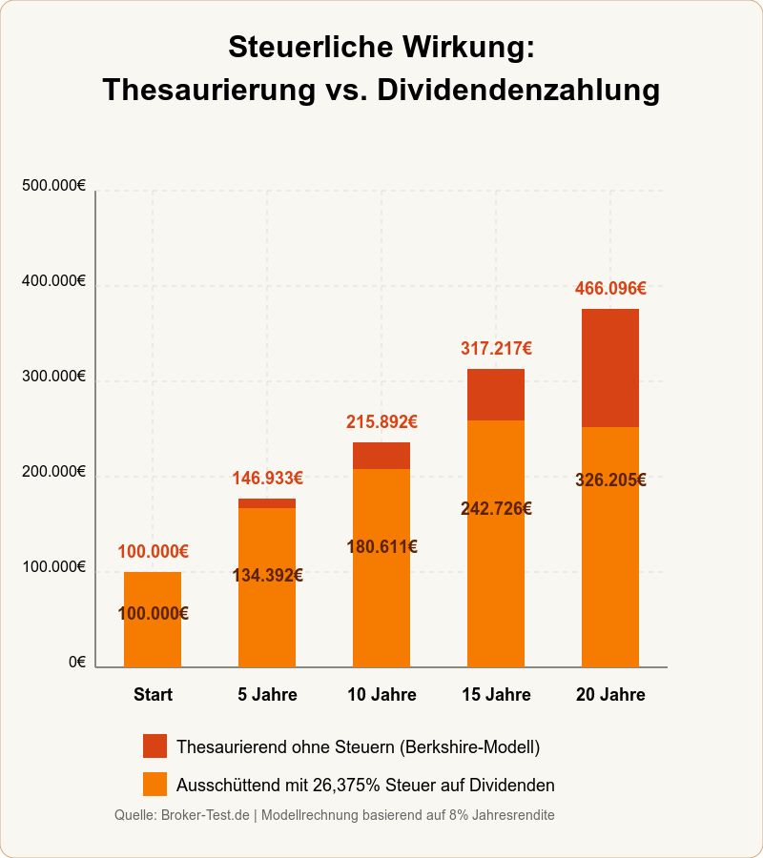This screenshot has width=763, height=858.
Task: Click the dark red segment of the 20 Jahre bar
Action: (x=610, y=368)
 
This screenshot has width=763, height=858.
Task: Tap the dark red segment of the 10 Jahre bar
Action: (x=381, y=456)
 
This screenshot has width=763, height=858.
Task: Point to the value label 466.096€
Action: (x=610, y=288)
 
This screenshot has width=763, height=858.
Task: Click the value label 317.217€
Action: (x=496, y=348)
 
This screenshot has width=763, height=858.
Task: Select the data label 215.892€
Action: (x=381, y=421)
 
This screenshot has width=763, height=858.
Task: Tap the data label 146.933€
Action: (x=267, y=478)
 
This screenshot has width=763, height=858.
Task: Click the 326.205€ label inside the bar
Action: (x=610, y=480)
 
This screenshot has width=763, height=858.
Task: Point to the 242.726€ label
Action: (x=496, y=508)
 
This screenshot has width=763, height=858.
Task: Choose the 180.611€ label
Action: (x=381, y=546)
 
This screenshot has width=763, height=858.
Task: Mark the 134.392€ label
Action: (x=267, y=575)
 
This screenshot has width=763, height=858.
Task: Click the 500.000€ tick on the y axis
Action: (x=53, y=186)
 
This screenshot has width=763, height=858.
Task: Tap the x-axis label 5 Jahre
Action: (x=267, y=694)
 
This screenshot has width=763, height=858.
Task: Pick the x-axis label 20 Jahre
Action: (x=610, y=694)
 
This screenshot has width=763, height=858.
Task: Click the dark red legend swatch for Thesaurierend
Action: (x=155, y=746)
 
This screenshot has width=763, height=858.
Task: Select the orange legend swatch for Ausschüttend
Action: (x=155, y=784)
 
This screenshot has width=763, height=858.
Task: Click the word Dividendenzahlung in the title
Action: (x=518, y=90)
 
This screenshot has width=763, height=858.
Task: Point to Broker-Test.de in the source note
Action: (x=206, y=815)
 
